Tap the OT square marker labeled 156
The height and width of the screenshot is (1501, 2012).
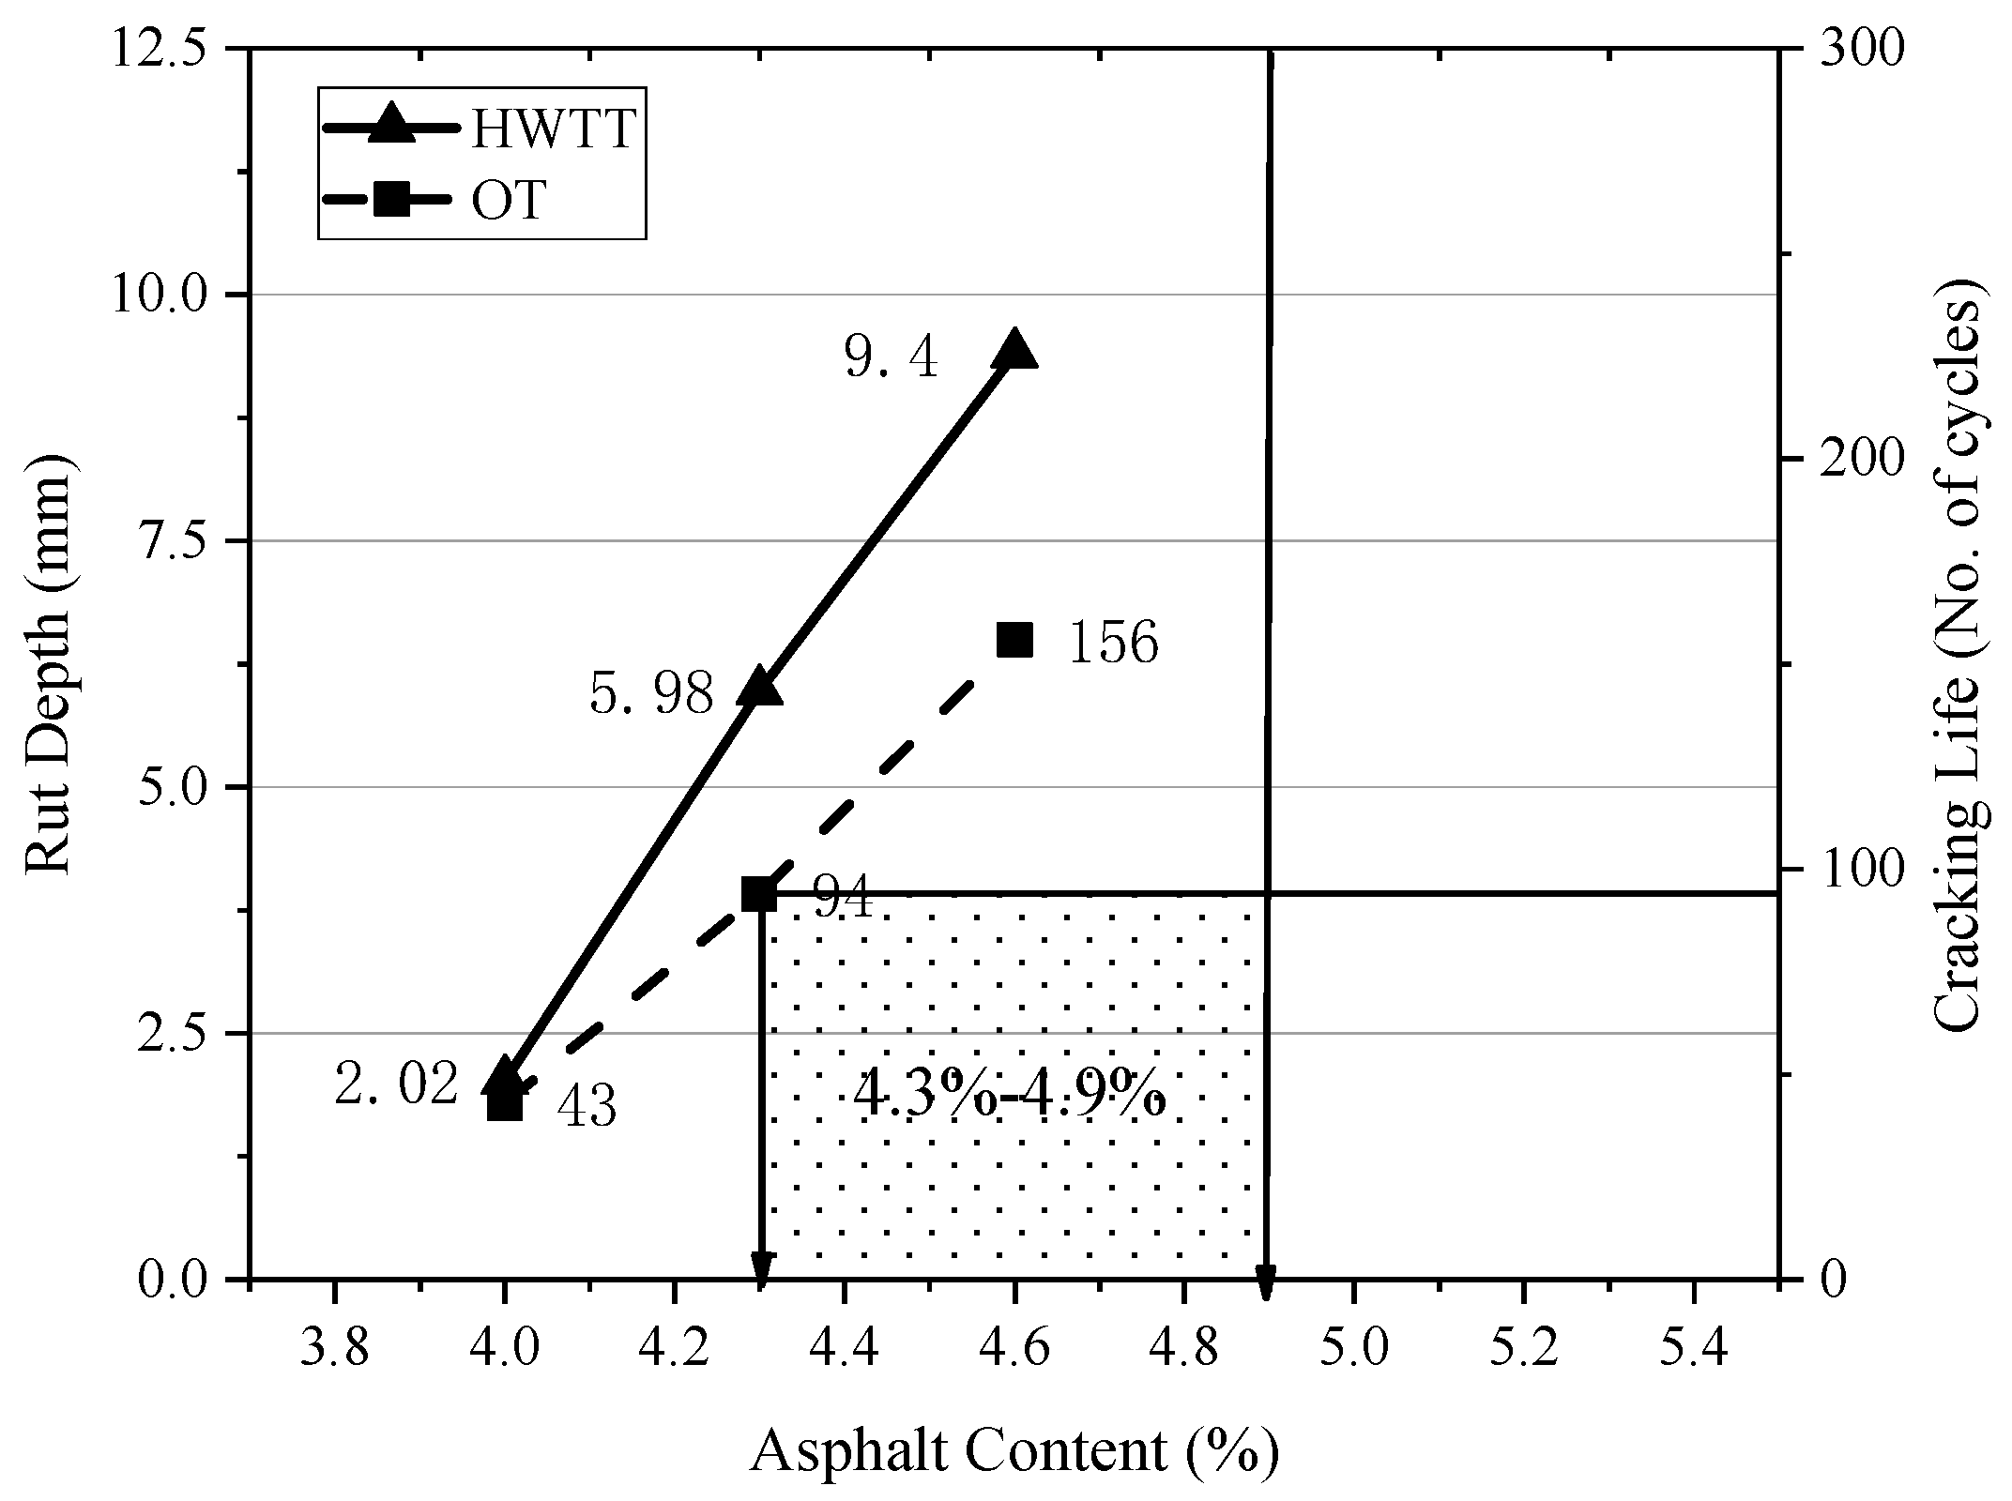coord(1014,640)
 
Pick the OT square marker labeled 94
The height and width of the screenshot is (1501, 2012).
coord(759,894)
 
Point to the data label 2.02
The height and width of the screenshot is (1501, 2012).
coord(396,1084)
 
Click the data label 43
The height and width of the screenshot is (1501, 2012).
coord(587,1107)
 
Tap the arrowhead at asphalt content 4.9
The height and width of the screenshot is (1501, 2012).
coord(1266,1283)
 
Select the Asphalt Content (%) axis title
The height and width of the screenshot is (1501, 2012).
coord(1014,1451)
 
